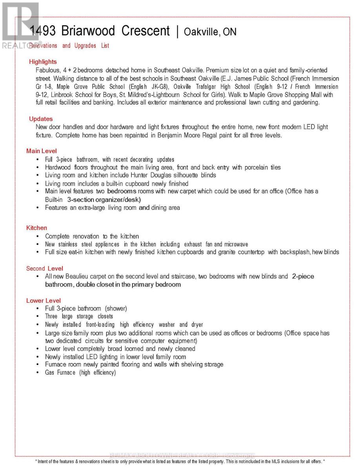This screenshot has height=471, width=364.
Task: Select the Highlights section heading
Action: [x=43, y=62]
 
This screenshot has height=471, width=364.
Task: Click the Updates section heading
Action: [x=41, y=119]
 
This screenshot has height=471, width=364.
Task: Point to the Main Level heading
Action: [x=42, y=151]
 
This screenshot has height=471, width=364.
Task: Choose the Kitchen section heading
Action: [x=36, y=228]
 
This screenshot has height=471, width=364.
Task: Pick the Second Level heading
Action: [x=44, y=269]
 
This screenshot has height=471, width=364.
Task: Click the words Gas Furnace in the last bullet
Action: [x=60, y=372]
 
